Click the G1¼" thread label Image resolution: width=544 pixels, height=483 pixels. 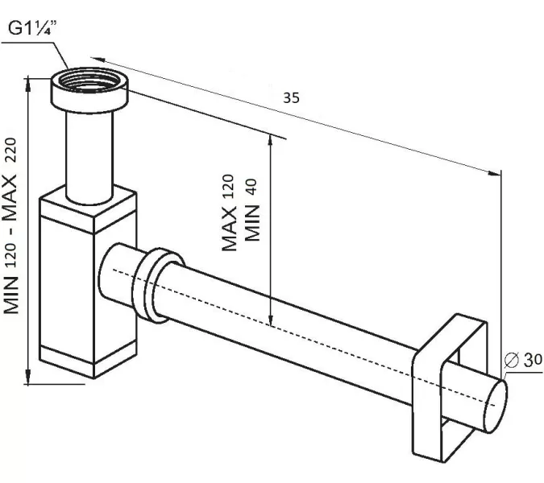tap(32, 27)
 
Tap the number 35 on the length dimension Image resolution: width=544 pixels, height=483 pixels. tap(291, 97)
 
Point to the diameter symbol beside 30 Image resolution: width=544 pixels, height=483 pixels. tap(512, 361)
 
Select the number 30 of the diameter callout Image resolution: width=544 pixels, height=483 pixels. tap(533, 360)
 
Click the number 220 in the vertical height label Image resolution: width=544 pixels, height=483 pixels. tap(10, 151)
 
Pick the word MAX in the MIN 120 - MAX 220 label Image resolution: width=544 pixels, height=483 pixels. tap(10, 199)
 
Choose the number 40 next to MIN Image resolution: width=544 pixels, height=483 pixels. tap(251, 187)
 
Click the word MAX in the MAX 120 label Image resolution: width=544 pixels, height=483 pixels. tap(229, 228)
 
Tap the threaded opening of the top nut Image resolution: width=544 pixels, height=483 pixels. tap(89, 82)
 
